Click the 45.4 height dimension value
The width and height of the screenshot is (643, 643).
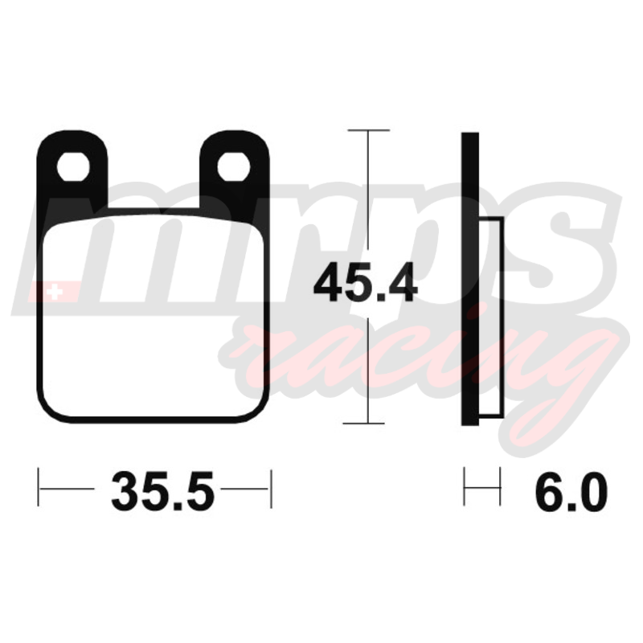pyautogui.click(x=366, y=283)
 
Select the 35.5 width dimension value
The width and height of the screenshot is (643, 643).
pyautogui.click(x=163, y=491)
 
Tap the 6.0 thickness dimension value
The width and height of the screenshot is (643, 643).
pyautogui.click(x=571, y=491)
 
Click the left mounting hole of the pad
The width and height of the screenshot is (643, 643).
pyautogui.click(x=73, y=166)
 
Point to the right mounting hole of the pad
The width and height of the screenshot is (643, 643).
pyautogui.click(x=234, y=166)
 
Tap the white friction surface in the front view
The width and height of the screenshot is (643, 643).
pyautogui.click(x=153, y=316)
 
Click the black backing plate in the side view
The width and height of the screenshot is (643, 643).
pyautogui.click(x=470, y=279)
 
